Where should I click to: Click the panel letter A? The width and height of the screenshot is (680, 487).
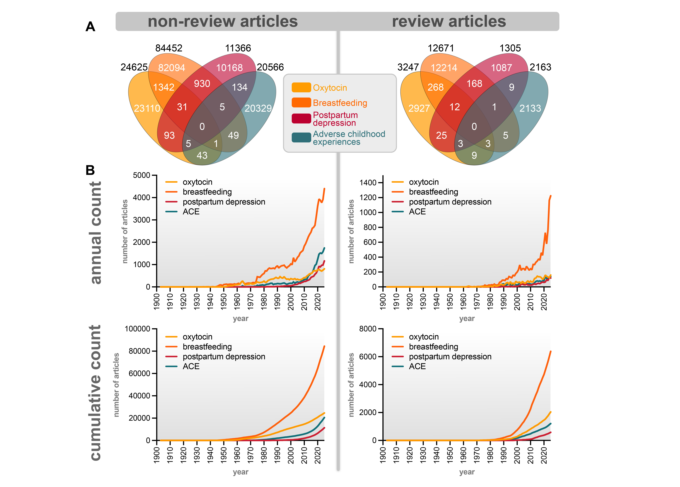tap(90, 27)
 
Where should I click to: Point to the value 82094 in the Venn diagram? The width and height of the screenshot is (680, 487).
tap(172, 68)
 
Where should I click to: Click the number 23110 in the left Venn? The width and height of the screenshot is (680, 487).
tap(147, 108)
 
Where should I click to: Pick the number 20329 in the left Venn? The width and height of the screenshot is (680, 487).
tap(258, 108)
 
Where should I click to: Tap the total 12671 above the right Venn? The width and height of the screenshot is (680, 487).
tap(441, 48)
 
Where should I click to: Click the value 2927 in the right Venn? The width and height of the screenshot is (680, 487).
tap(419, 108)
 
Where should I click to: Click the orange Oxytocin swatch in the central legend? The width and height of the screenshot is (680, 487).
tap(301, 87)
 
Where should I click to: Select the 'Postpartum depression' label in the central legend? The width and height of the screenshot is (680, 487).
tap(335, 119)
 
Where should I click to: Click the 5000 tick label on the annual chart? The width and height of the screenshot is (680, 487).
tap(142, 175)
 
